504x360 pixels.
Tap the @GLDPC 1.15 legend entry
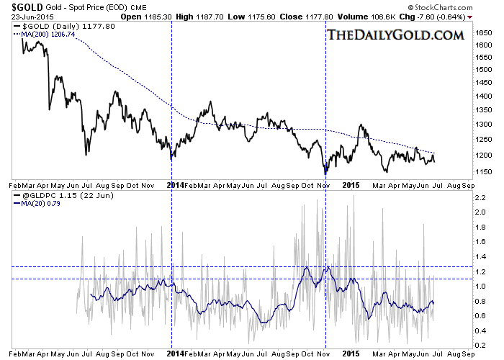tap(52, 196)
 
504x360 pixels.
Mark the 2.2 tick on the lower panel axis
tap(480, 196)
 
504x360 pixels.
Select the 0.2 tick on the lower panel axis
tap(480, 346)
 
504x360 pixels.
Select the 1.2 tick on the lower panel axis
tap(480, 271)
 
